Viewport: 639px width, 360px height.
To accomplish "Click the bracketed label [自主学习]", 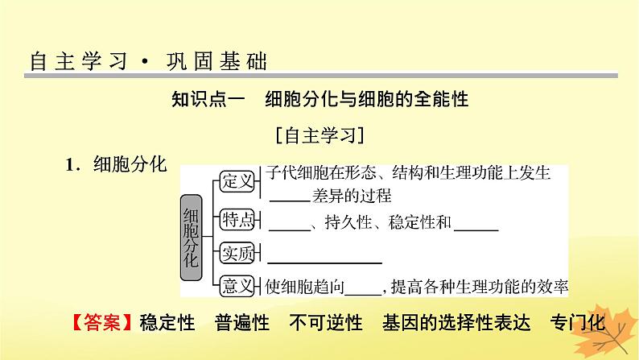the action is [x=319, y=134].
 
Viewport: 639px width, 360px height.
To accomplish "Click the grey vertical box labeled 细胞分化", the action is [x=192, y=237].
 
